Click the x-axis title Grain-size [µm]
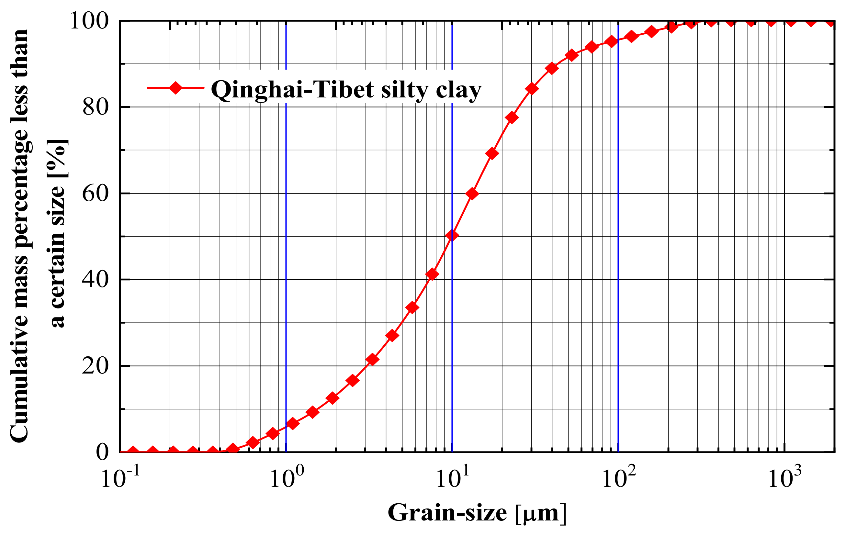tap(477, 513)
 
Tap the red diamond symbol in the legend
tap(175, 87)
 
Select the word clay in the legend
tap(458, 90)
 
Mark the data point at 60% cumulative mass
tap(473, 194)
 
